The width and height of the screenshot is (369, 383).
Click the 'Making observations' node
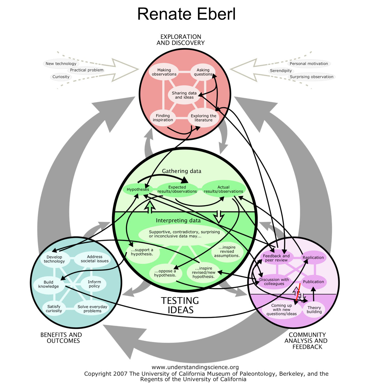[164, 72]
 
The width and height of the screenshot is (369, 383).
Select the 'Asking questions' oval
[203, 72]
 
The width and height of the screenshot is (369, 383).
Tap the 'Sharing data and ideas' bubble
[184, 95]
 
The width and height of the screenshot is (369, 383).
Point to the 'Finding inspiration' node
[163, 118]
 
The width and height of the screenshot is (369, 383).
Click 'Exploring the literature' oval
[203, 118]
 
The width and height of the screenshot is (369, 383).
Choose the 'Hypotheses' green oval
[138, 189]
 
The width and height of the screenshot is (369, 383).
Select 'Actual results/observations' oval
[223, 189]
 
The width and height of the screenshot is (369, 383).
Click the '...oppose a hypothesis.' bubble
[165, 273]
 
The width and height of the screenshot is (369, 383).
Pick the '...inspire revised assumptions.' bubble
[227, 252]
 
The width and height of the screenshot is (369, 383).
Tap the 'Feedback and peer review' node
[276, 258]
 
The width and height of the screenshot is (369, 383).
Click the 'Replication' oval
[313, 257]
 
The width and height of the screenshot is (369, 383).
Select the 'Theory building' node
[314, 309]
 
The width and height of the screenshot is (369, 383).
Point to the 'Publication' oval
[313, 282]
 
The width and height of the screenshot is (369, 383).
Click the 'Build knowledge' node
[48, 284]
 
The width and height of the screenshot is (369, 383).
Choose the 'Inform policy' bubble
[94, 284]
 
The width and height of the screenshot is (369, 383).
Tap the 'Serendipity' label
[281, 71]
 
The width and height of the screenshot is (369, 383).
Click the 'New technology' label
[61, 64]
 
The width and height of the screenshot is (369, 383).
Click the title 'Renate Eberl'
[186, 14]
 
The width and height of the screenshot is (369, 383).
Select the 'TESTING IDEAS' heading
[180, 305]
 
